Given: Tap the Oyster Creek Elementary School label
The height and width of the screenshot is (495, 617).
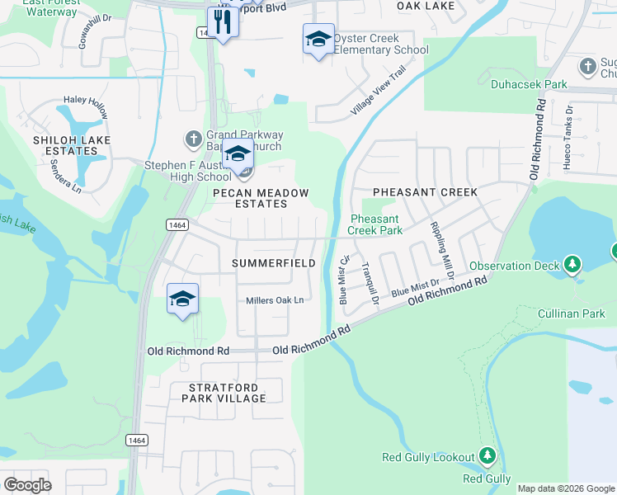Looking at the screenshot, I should pyautogui.click(x=380, y=45).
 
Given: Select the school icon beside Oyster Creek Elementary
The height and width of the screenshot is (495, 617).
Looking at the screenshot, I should pyautogui.click(x=318, y=39).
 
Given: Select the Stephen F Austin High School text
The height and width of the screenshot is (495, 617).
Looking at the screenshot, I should pyautogui.click(x=188, y=171).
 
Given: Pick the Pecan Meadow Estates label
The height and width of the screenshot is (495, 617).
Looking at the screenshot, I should pyautogui.click(x=261, y=198).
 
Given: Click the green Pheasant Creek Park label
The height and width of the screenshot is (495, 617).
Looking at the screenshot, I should pyautogui.click(x=374, y=224).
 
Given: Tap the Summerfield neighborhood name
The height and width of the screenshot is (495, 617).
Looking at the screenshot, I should pyautogui.click(x=274, y=262).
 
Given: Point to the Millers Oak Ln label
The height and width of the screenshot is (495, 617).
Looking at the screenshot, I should pyautogui.click(x=275, y=300).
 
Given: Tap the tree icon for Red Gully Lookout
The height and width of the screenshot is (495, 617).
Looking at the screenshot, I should pyautogui.click(x=487, y=455).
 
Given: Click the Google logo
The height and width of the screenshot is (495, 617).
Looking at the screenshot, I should pyautogui.click(x=27, y=485).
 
